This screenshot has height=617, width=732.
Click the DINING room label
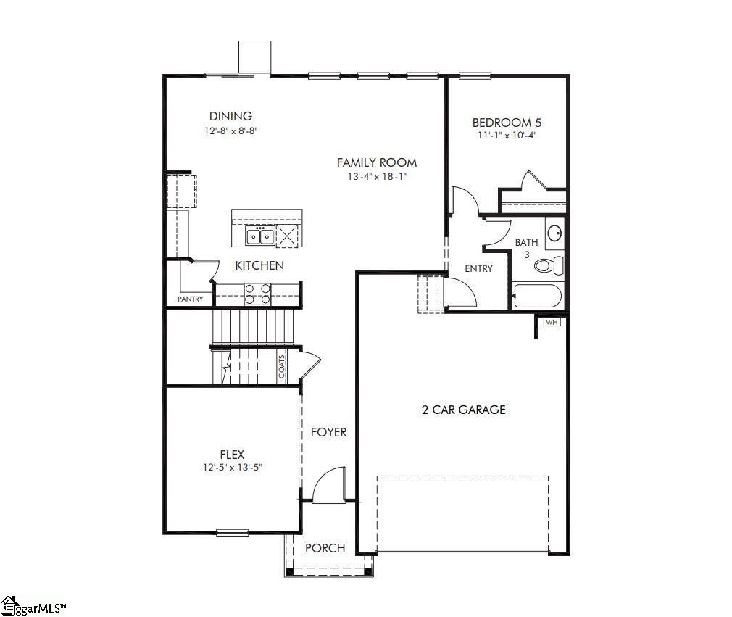230,116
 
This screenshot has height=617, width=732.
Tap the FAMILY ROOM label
376,162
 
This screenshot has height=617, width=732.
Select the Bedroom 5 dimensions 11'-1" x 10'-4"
507,135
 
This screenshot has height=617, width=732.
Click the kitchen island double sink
259,236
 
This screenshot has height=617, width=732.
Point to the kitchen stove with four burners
257,294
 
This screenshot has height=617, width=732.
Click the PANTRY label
191,299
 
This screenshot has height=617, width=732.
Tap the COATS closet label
282,367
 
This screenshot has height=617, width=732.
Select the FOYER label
328,432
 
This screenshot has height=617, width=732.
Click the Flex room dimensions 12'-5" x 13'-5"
232,468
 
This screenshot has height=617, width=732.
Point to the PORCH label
325,548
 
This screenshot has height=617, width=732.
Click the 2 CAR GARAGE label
463,410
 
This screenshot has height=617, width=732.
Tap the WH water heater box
552,322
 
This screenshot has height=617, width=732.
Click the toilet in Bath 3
549,265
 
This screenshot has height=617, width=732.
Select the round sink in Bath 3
554,233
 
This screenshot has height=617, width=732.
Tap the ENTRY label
478,268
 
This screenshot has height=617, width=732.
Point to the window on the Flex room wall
233,533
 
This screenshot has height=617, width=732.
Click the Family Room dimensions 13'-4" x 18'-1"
376,177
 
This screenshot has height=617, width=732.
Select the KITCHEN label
259,265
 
